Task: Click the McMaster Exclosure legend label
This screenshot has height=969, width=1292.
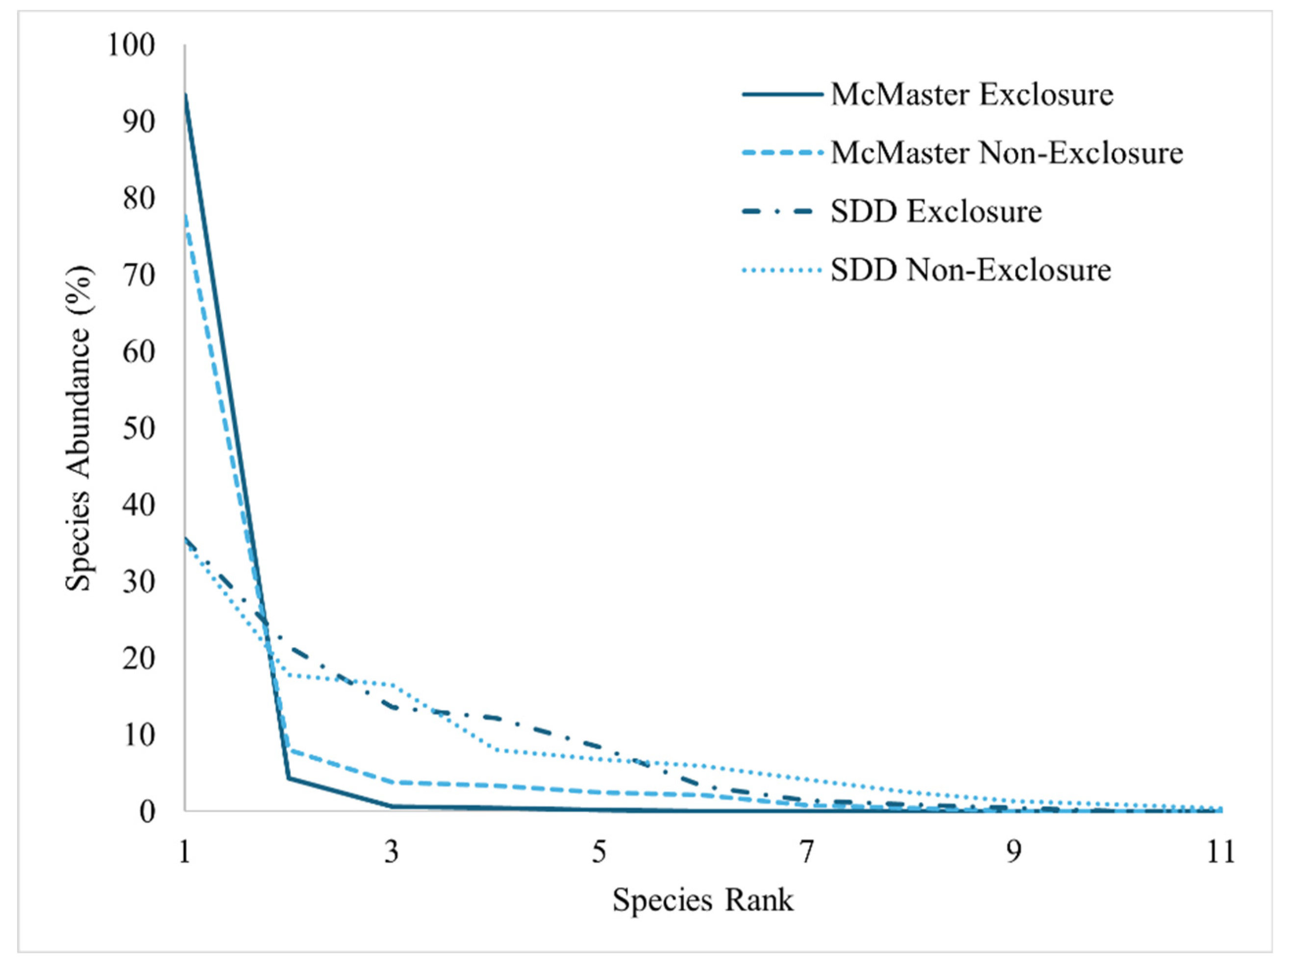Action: point(972,95)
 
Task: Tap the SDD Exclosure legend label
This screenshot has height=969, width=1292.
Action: point(936,211)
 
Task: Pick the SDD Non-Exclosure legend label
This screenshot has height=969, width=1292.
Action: point(971,270)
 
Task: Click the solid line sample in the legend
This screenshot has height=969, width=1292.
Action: point(782,95)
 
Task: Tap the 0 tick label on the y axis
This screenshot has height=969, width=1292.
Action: point(147,811)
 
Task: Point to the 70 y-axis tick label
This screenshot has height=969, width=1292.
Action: point(139,275)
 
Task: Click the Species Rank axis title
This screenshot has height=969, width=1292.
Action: point(703,900)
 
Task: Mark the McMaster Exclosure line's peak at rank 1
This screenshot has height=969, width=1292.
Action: point(186,94)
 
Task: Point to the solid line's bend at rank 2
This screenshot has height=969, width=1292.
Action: point(289,778)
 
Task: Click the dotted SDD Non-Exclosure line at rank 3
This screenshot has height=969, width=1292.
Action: point(393,685)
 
